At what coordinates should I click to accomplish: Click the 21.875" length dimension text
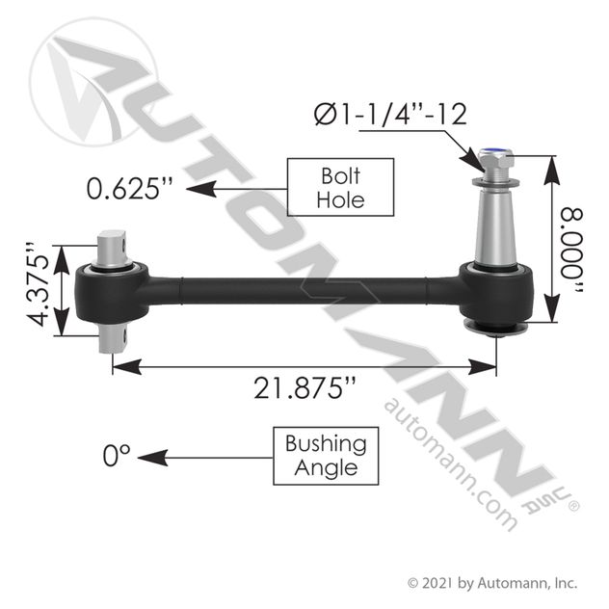coord(304,388)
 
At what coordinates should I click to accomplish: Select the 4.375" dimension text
coord(39,285)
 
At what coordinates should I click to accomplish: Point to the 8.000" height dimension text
coord(571,252)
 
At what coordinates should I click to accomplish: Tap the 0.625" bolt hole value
coord(129,188)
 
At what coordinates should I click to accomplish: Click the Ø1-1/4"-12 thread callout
coord(390,115)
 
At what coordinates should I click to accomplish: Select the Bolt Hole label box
coord(340,187)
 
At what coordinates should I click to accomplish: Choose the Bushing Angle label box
coord(326,456)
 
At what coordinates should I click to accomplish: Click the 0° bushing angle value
coord(117,456)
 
